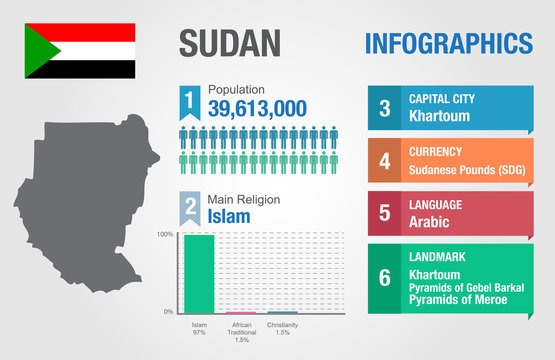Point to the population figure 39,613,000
click(257, 107)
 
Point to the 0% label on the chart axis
click(168, 312)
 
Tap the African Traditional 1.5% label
click(241, 332)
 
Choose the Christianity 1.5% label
click(283, 330)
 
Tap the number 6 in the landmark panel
click(384, 277)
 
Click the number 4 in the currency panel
click(384, 160)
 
